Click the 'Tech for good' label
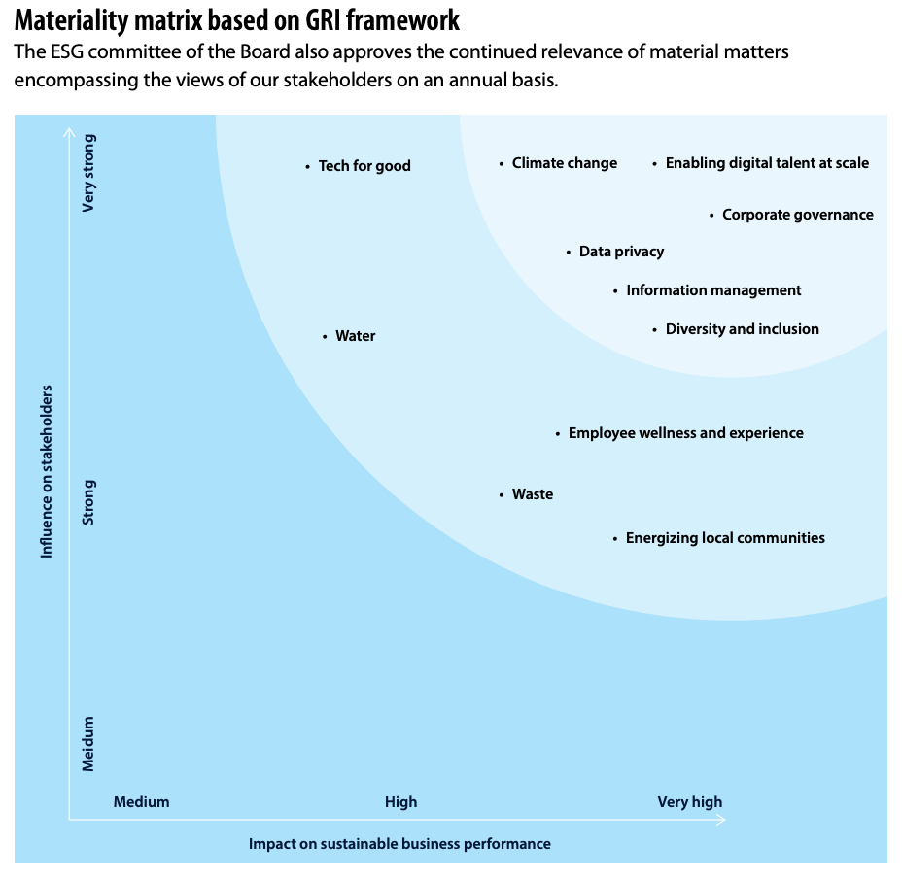364,166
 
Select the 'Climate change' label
565,163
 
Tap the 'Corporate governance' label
797,215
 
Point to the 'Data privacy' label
621,252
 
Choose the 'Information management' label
713,290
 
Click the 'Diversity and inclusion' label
742,329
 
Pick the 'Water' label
355,336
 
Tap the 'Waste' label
532,494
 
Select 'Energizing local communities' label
725,538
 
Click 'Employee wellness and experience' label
685,433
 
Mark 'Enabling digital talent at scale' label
767,163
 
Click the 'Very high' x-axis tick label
690,802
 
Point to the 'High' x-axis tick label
400,802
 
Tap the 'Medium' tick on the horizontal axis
141,802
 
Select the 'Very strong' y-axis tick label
89,173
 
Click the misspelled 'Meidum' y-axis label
88,744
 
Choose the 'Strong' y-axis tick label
88,502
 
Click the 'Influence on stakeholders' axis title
46,471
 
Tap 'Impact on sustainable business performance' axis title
399,844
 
